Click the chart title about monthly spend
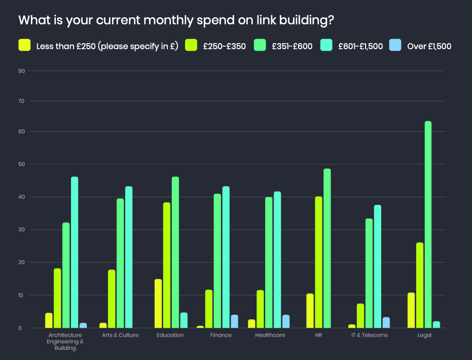coord(176,21)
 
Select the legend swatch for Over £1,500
coord(395,45)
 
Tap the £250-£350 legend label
coord(224,46)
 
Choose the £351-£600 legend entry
coord(292,46)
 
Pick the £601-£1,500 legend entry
coord(360,46)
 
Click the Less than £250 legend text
coord(107,46)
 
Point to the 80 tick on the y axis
coord(21,71)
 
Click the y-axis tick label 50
coord(21,164)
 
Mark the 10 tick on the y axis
coord(21,295)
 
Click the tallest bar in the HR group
coord(327,248)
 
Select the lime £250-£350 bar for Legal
coord(420,285)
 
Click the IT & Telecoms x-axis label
coord(370,335)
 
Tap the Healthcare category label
coord(270,335)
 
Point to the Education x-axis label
coord(170,335)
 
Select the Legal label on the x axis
coord(424,335)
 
